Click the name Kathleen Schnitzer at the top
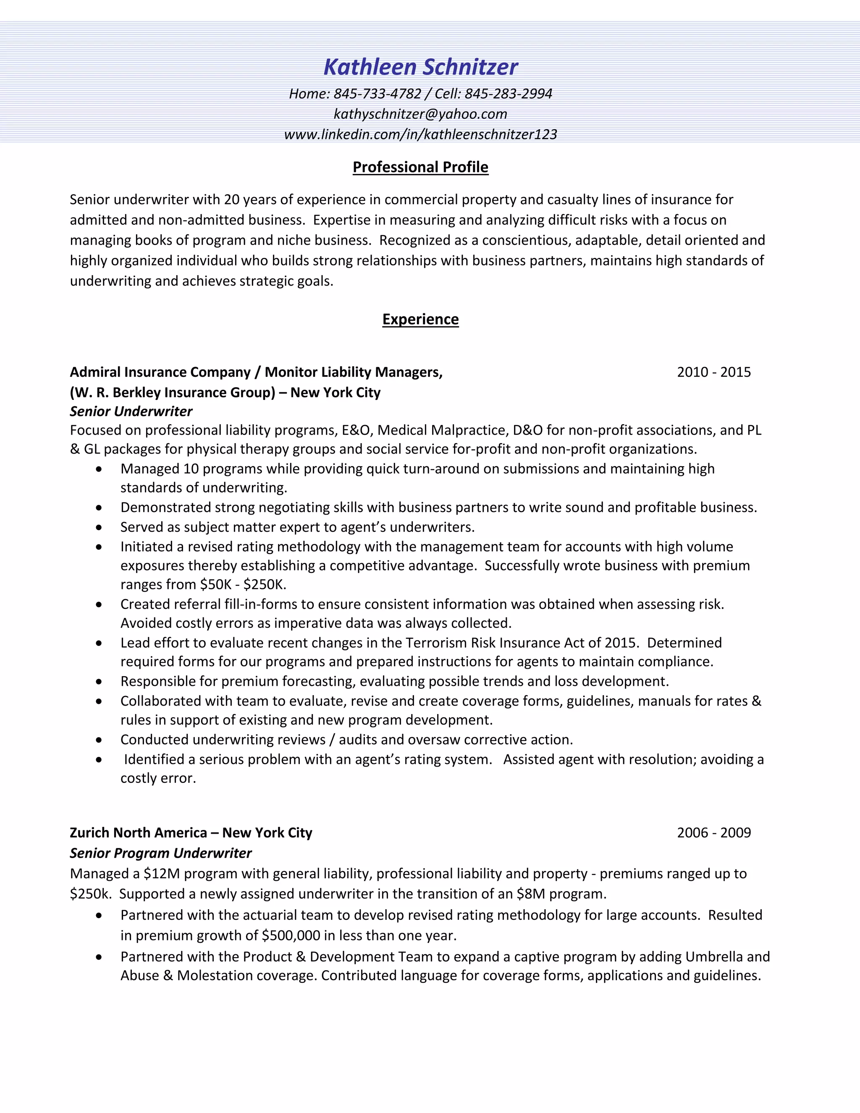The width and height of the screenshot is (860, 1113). [420, 67]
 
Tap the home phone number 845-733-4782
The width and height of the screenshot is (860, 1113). [378, 94]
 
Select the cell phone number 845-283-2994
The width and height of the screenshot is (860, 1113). [508, 94]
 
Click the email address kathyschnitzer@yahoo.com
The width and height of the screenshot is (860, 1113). [420, 114]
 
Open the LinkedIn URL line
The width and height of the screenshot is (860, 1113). [420, 134]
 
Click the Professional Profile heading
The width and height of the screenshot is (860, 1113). [420, 167]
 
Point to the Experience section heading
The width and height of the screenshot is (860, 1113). [420, 319]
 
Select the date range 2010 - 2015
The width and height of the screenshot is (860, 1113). [713, 372]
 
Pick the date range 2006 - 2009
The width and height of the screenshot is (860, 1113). [713, 833]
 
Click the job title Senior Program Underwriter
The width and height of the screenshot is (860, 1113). [160, 853]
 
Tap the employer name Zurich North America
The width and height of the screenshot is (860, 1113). [138, 833]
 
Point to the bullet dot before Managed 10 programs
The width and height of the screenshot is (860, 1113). [99, 469]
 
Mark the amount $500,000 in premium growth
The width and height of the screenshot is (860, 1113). [291, 935]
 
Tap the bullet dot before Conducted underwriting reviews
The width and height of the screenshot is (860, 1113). [99, 740]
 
